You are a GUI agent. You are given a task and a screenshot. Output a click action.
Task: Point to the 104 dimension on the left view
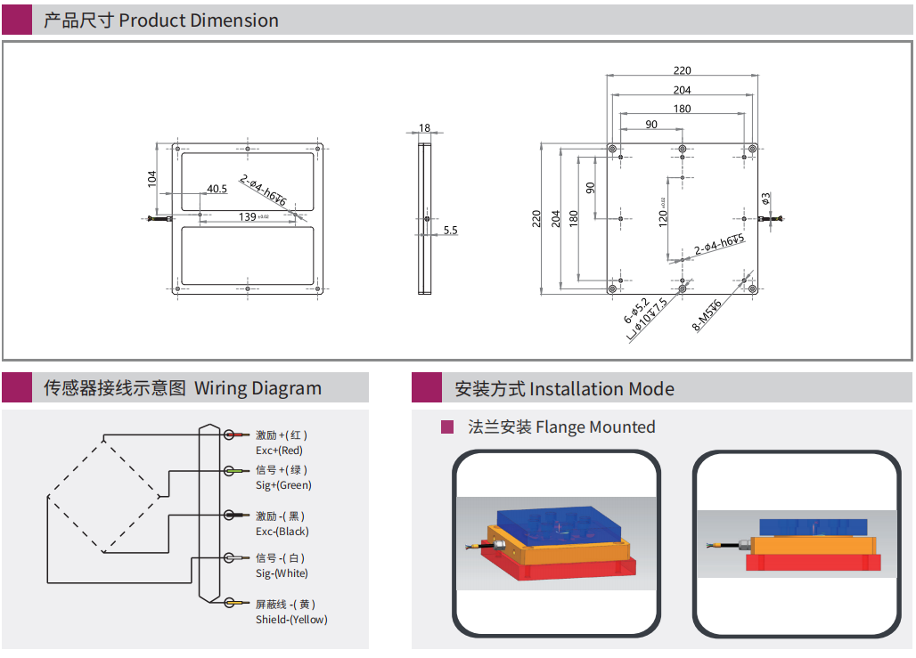point(151,178)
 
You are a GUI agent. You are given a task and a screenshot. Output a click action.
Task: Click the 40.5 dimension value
point(217,189)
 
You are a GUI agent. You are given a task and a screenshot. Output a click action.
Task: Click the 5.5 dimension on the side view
point(450,230)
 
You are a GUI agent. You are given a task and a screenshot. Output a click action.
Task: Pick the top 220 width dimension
point(682,70)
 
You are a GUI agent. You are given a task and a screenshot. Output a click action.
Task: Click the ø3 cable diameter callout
point(765,199)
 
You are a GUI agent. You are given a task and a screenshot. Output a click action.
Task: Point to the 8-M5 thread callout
point(707,314)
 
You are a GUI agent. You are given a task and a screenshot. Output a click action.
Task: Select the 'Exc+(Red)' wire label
point(279,451)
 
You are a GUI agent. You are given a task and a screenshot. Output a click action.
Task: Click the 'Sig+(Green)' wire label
point(283,485)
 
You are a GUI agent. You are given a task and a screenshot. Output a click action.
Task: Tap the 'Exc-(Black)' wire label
point(282,532)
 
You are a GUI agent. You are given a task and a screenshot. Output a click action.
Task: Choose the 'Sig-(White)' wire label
point(282,573)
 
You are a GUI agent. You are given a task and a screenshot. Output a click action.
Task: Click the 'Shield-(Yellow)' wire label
point(290,620)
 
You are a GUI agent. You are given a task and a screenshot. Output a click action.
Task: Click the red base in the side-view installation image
point(812,563)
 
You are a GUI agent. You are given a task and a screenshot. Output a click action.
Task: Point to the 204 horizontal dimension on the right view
point(682,90)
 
